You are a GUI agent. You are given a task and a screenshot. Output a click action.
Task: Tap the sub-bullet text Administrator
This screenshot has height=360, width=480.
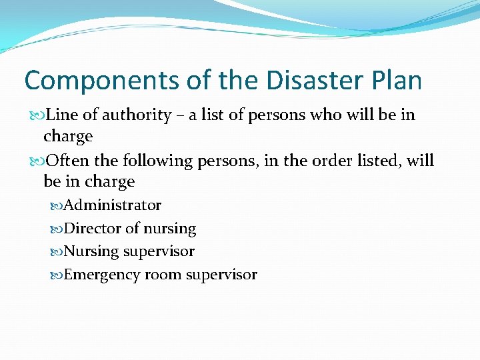113,205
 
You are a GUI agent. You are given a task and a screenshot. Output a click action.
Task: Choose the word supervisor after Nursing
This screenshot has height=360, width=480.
159,251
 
